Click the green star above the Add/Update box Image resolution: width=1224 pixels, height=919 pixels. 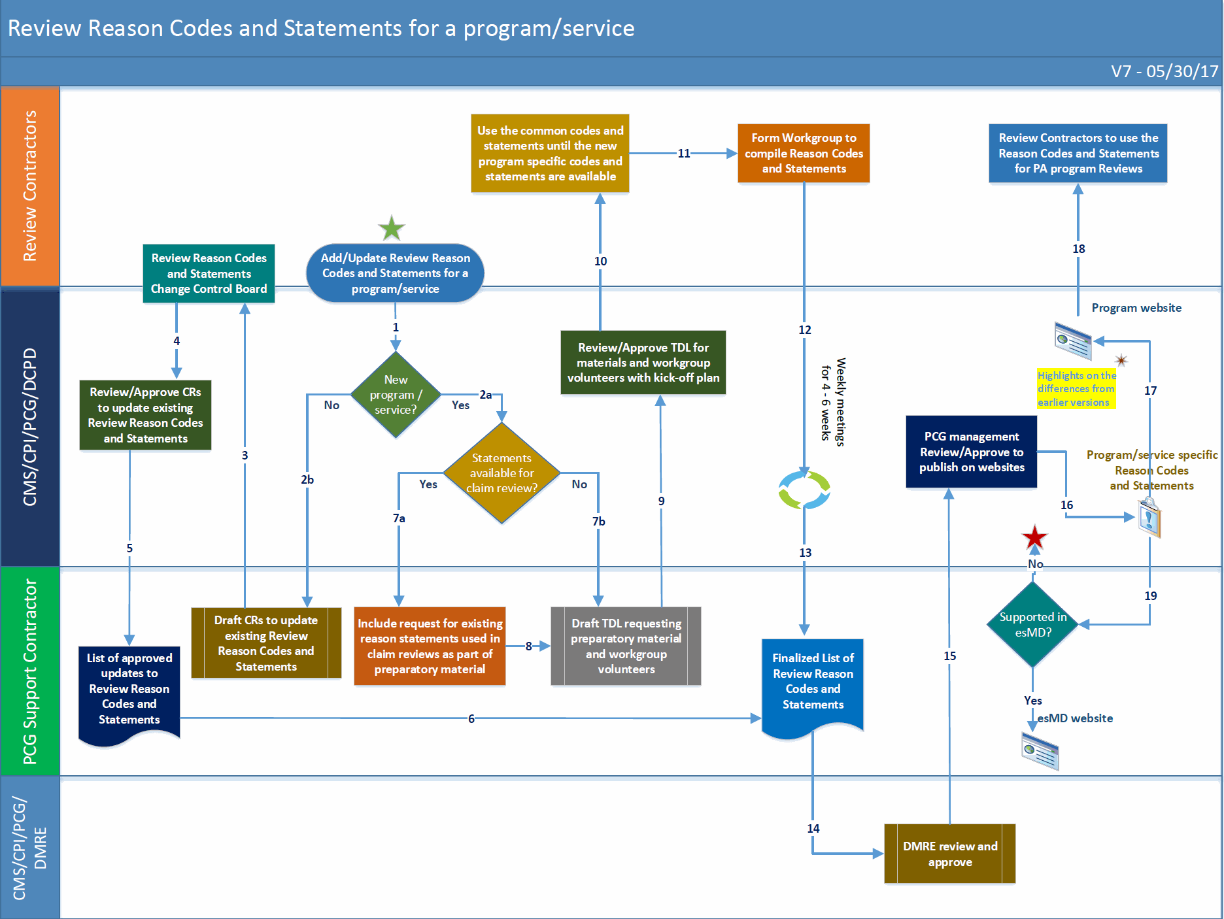pos(392,229)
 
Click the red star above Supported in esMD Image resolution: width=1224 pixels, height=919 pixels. pos(1034,538)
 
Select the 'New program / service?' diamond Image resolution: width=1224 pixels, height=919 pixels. pos(396,395)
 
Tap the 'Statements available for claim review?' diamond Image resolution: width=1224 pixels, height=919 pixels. pos(501,473)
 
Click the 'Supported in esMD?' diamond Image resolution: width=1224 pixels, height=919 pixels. pos(1033,624)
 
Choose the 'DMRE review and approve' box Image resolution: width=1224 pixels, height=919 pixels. pos(949,854)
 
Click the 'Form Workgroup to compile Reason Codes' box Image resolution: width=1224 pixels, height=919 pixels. pos(804,153)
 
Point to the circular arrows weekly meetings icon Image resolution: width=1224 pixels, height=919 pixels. pos(804,490)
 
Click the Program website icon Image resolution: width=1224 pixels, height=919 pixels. pos(1073,341)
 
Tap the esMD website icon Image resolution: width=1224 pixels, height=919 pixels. pos(1040,750)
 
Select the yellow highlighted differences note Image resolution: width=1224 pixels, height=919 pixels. pos(1076,389)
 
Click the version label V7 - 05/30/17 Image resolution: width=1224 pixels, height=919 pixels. pos(1164,71)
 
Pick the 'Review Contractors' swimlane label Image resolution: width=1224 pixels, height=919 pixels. pos(30,186)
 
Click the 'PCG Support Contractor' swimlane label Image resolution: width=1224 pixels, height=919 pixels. pos(30,671)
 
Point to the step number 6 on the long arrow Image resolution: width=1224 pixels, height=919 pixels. pos(471,718)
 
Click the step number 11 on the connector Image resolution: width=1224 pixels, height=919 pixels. pos(683,154)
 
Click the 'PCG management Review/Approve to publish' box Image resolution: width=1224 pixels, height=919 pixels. pos(971,452)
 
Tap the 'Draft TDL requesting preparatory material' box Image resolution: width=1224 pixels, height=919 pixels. pos(626,646)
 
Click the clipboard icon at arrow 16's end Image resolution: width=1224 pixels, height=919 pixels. pos(1149,518)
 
